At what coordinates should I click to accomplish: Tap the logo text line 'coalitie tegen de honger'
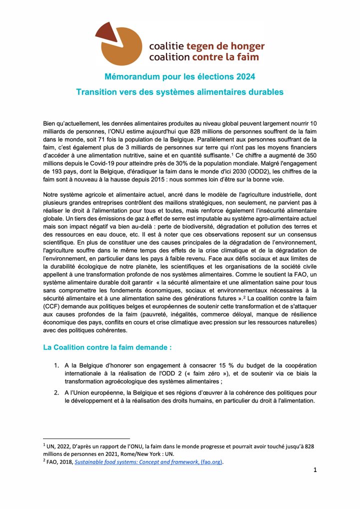click(206, 46)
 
